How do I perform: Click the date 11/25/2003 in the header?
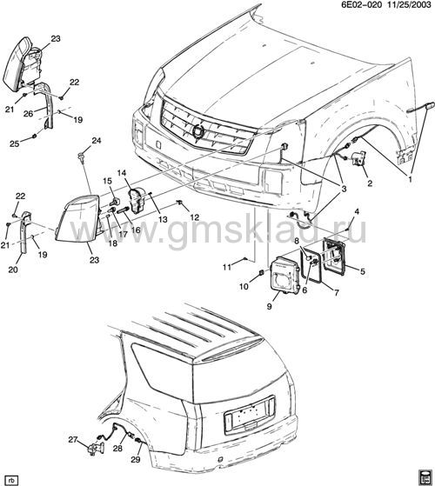(406, 4)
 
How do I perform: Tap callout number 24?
(97, 140)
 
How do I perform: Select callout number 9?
(269, 306)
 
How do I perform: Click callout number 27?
(72, 440)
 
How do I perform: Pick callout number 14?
(122, 173)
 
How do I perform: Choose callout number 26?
(28, 114)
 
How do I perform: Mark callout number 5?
(363, 271)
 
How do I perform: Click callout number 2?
(370, 183)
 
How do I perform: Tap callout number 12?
(195, 217)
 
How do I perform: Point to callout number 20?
(13, 270)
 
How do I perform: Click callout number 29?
(136, 459)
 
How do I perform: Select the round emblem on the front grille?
(198, 130)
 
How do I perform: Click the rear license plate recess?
(250, 415)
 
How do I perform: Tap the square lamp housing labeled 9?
(284, 273)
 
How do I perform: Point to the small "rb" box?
(12, 481)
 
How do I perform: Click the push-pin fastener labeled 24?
(82, 156)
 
